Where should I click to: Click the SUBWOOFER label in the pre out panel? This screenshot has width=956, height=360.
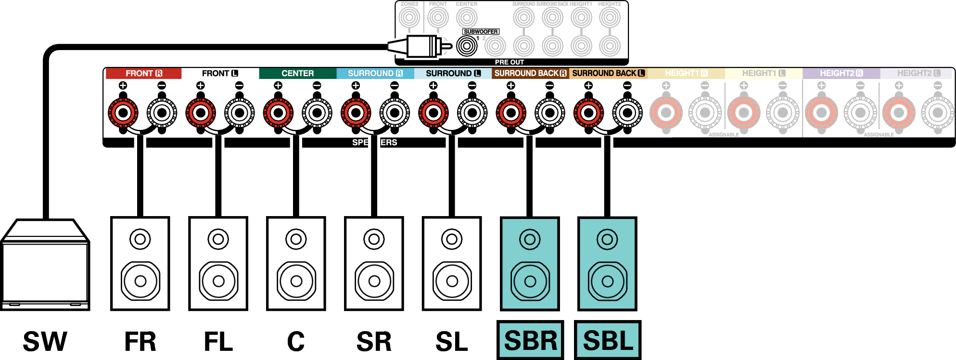(x=481, y=32)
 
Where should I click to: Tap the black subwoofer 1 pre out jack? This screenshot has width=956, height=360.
(x=467, y=46)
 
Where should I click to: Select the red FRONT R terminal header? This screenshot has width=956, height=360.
(x=143, y=73)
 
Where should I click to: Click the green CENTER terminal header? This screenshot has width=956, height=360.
(x=297, y=73)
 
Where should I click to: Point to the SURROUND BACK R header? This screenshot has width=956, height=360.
(x=530, y=73)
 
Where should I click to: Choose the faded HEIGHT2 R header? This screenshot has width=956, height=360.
(x=841, y=73)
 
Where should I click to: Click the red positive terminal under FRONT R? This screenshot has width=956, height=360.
(x=123, y=113)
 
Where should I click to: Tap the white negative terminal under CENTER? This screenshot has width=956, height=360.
(x=317, y=113)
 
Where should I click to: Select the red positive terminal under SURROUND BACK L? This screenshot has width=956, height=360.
(x=588, y=113)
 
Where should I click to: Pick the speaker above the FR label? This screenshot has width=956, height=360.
(x=140, y=264)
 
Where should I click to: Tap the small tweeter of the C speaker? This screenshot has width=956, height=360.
(x=296, y=239)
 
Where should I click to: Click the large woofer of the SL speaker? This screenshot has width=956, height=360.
(x=452, y=281)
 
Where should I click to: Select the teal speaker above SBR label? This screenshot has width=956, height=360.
(x=530, y=264)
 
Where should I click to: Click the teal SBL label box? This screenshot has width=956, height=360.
(x=608, y=340)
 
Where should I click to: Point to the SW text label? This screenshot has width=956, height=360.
(x=45, y=342)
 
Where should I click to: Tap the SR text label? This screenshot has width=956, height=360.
(x=374, y=342)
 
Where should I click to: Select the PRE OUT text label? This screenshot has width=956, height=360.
(x=509, y=62)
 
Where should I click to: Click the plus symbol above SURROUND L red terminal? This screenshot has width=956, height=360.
(x=433, y=86)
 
